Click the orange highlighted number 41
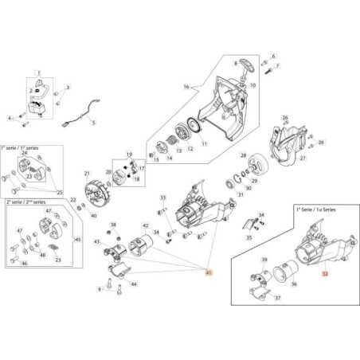click(x=209, y=272)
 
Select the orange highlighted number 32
click(x=324, y=272)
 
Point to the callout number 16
click(x=186, y=86)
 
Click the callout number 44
click(x=132, y=284)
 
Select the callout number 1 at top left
click(x=37, y=73)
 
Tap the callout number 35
click(x=249, y=237)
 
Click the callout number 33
click(x=162, y=197)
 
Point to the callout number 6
click(x=273, y=57)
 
